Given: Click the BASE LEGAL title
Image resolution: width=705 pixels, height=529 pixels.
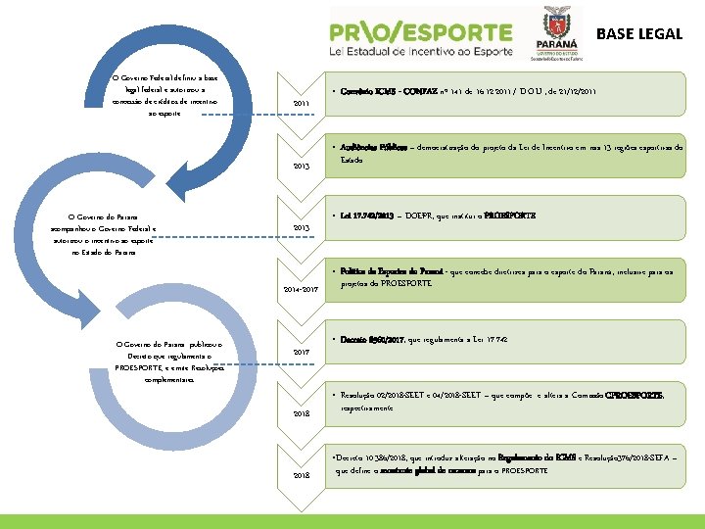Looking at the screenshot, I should click(639, 33).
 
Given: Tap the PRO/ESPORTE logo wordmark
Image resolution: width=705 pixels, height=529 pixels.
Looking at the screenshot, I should click(420, 33).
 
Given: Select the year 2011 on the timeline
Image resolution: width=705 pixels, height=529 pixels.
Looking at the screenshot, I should click(301, 104).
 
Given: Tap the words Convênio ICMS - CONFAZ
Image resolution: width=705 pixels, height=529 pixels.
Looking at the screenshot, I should click(384, 91).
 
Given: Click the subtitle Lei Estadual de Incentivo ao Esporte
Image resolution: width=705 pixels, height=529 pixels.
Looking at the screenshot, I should click(420, 58).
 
